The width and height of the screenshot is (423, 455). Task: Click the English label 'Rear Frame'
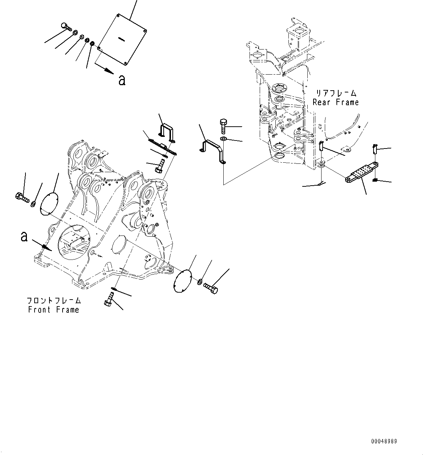[335, 103]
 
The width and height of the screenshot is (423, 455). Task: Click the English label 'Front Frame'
[53, 310]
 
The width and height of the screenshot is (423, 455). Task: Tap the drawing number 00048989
[384, 441]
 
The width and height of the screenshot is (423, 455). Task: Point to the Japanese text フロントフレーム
[54, 301]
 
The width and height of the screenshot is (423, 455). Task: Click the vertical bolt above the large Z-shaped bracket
[223, 127]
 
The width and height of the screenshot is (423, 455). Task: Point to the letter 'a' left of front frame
[24, 237]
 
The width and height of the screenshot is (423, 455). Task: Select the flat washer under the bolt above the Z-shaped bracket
[223, 139]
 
